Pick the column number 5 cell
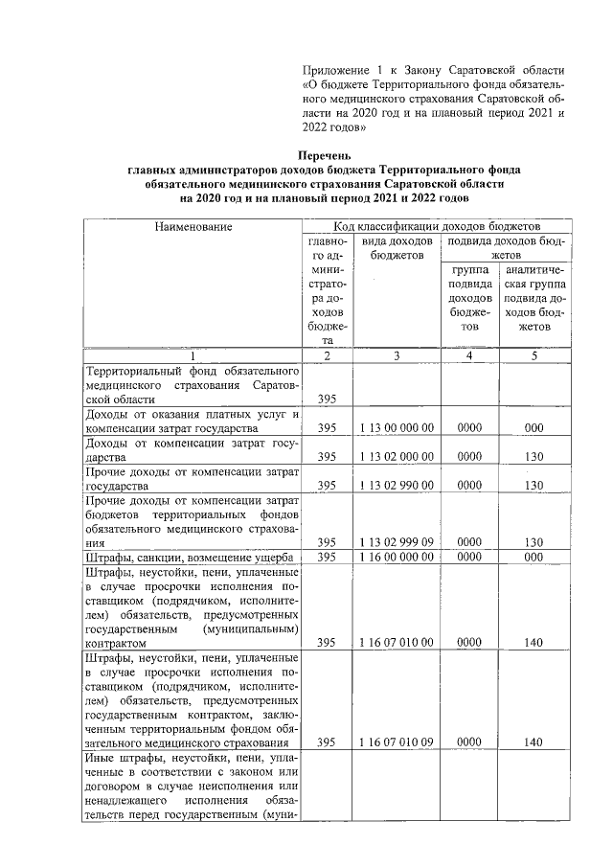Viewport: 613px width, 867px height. coord(536,355)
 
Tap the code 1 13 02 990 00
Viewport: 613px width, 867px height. coord(397,486)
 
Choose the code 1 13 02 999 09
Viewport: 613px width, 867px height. coord(397,542)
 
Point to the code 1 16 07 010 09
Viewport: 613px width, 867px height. coord(397,742)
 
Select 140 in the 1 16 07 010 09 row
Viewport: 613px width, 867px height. coord(536,742)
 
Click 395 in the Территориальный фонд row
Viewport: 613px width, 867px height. coord(328,399)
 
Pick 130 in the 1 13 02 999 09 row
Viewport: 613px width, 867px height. coord(536,542)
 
